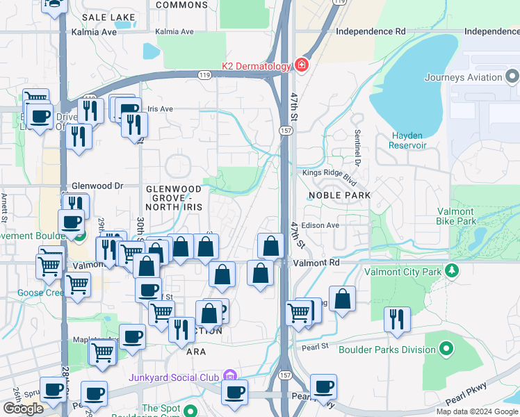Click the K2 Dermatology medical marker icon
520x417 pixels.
tap(302, 66)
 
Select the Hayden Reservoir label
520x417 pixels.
tap(408, 140)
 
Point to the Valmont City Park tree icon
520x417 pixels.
tap(453, 270)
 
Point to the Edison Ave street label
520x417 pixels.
tap(320, 225)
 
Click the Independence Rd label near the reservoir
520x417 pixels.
tap(370, 32)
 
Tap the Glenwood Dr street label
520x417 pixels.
tap(97, 186)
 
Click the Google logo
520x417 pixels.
tap(23, 409)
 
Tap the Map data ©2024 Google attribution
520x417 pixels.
tap(476, 411)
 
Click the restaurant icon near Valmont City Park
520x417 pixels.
tap(397, 319)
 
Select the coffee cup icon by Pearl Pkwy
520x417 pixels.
tap(323, 386)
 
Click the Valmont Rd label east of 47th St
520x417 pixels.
tap(316, 263)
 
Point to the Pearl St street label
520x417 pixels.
tap(314, 345)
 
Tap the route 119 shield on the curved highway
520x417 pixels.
tap(204, 74)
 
